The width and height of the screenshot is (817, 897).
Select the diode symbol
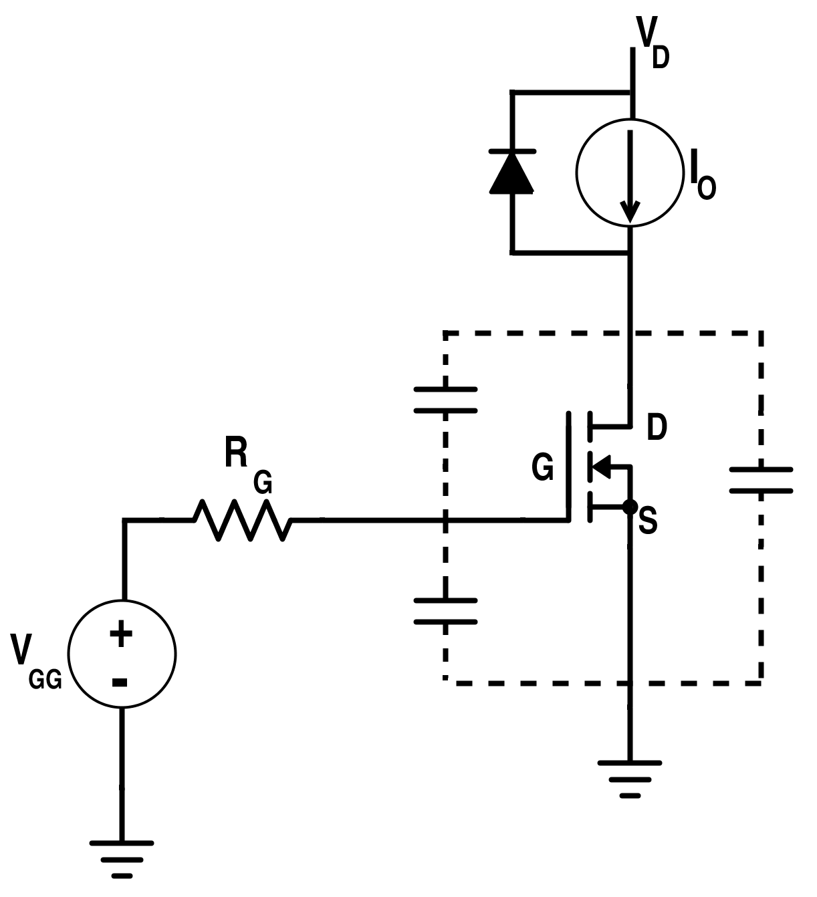(511, 172)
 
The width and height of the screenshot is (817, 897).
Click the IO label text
(701, 176)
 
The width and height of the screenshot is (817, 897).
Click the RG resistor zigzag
(243, 519)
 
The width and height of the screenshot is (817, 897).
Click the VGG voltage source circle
(122, 654)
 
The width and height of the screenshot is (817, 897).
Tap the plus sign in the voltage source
(121, 634)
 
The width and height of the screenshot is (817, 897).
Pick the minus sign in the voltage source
(120, 682)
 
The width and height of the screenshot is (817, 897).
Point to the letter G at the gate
(542, 467)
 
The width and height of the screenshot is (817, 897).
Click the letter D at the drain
(657, 428)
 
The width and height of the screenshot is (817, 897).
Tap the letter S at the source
(648, 521)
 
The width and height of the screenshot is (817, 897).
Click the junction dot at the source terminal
(629, 507)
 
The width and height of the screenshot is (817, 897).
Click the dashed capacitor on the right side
(761, 481)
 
